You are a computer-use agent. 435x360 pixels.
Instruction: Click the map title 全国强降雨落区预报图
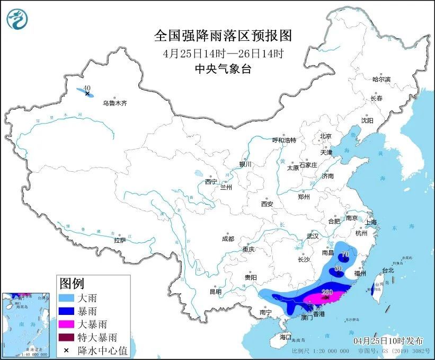[223, 36]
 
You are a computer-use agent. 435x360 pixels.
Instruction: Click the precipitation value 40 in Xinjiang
[87, 88]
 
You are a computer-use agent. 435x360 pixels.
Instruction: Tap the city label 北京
[325, 136]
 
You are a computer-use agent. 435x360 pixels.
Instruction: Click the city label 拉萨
[120, 240]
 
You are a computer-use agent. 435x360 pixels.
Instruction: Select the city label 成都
[228, 239]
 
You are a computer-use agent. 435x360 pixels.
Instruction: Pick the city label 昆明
[215, 291]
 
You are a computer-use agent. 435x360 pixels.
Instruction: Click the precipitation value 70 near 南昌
[345, 254]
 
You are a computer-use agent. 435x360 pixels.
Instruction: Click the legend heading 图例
[73, 283]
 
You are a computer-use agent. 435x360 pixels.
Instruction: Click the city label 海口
[286, 337]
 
